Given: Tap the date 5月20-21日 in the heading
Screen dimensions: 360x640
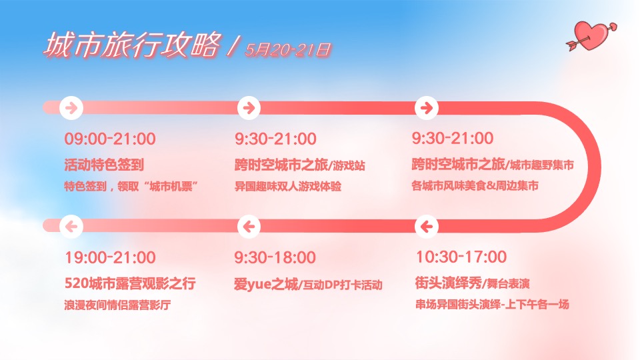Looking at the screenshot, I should (288, 49).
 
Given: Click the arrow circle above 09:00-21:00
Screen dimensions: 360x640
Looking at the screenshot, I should (71, 107).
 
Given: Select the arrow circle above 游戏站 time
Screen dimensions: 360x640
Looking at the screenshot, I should (248, 107).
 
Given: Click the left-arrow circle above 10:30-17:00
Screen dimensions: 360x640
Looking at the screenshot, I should (425, 227).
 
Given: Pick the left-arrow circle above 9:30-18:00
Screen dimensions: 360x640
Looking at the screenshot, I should (248, 227).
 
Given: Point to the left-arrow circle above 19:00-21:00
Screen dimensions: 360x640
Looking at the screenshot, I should (71, 227).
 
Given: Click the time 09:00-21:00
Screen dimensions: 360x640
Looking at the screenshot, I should (110, 139).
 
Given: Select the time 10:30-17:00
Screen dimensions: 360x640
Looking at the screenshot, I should (461, 257).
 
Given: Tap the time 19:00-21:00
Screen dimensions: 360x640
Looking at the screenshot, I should (110, 257).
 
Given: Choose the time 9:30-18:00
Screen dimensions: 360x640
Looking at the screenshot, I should (275, 257).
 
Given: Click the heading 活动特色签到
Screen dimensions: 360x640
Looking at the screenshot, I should (104, 164).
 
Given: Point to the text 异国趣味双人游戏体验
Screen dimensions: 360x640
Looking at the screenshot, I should (288, 186).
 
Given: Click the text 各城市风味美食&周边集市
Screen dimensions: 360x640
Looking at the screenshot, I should (475, 186).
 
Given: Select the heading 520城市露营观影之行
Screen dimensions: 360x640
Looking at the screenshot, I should (130, 284).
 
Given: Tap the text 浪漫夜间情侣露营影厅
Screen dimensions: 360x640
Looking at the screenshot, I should (118, 306).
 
